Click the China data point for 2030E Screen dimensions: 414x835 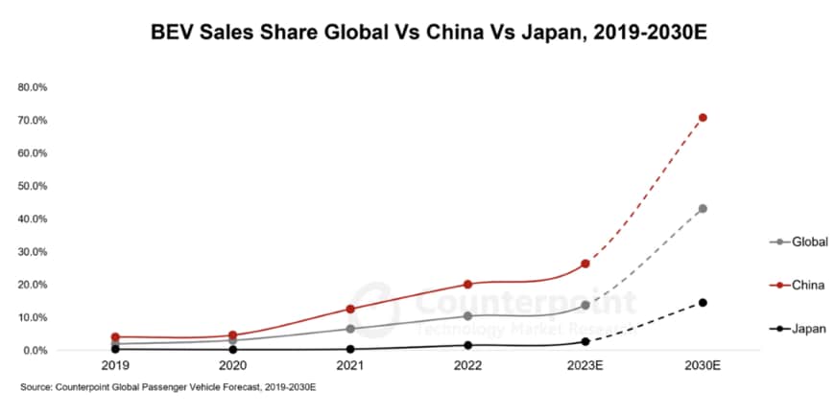tap(703, 118)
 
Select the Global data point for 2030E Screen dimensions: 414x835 tap(703, 208)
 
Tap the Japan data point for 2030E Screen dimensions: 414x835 tap(703, 303)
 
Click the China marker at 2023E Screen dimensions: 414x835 tap(585, 264)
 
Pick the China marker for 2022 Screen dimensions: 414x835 tap(467, 284)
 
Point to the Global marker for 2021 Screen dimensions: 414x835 tap(350, 329)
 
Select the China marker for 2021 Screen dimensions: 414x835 tap(350, 309)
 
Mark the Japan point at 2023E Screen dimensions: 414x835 tap(585, 341)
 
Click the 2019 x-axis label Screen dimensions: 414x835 tap(115, 366)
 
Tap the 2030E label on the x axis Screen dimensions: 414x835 tap(703, 366)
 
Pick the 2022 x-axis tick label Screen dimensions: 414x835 tap(467, 366)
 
